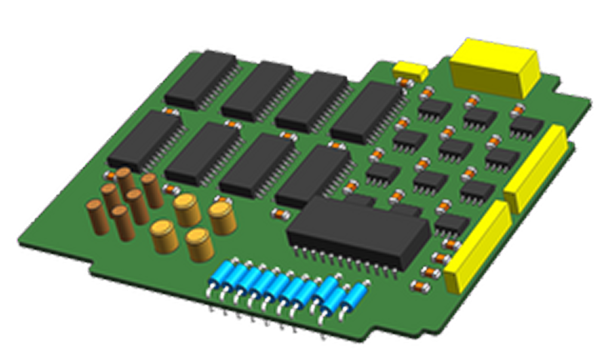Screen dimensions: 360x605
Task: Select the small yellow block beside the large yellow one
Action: [410, 70]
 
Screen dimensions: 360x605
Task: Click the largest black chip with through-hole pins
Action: [358, 230]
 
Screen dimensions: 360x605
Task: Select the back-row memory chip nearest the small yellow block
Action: [366, 113]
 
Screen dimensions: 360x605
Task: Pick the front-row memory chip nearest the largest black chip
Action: [314, 176]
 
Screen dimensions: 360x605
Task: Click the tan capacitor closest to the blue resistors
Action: [199, 244]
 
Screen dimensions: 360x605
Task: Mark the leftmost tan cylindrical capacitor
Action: [162, 235]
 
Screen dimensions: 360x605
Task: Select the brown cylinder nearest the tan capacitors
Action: [152, 190]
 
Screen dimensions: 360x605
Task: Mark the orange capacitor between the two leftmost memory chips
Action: [170, 112]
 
